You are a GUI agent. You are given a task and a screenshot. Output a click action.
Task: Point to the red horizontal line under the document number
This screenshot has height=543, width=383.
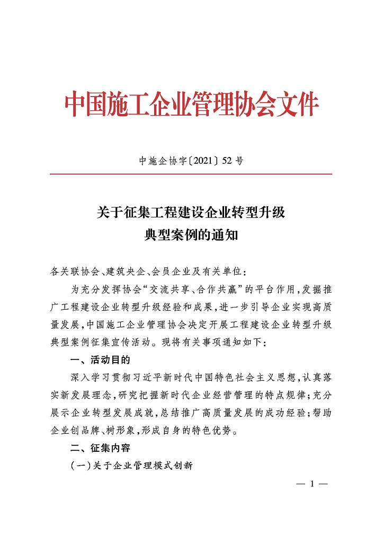tap(191, 174)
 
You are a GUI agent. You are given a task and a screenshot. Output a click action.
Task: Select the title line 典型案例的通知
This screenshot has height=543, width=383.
tap(191, 234)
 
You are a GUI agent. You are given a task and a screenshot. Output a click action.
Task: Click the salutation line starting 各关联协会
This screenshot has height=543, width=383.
tap(148, 272)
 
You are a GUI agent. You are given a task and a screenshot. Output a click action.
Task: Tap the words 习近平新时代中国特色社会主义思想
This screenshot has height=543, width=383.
tap(202, 378)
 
